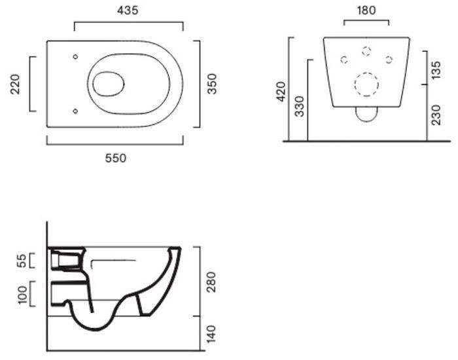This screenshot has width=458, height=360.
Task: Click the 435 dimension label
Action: [x=128, y=10]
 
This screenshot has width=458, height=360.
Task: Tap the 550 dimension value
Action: [x=116, y=158]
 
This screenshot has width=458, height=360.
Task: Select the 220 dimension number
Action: [x=15, y=84]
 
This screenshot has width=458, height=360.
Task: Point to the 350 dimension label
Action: [x=212, y=84]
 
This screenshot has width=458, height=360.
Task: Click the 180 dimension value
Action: [x=366, y=10]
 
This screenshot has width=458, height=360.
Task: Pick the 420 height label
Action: [x=281, y=92]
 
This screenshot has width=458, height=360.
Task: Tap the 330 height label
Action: [x=300, y=106]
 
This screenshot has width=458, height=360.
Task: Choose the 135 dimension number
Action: [x=436, y=70]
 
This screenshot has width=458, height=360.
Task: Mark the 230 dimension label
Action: [x=436, y=115]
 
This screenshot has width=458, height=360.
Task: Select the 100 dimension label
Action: [x=22, y=295]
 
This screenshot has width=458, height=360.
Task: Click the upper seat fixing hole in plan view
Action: [x=75, y=57]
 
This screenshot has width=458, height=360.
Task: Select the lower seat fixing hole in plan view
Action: [x=75, y=111]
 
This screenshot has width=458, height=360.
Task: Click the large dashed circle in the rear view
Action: [x=366, y=84]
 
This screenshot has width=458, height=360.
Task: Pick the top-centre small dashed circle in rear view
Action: [x=366, y=51]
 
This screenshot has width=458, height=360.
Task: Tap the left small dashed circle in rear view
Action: [x=344, y=60]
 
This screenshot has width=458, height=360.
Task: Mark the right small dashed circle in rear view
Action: [x=389, y=60]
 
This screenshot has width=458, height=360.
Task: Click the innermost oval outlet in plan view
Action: [x=109, y=84]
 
